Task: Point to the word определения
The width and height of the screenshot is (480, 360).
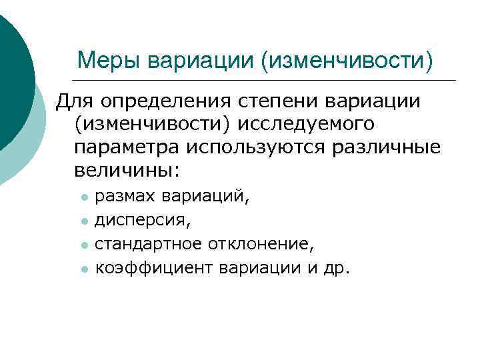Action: pos(164,101)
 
